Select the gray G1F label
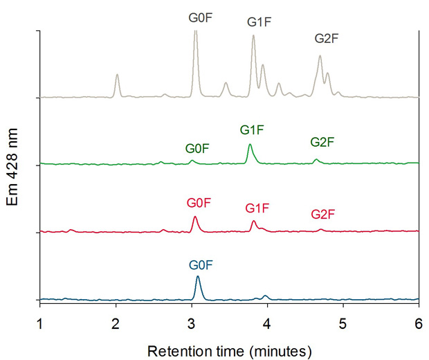click(259, 22)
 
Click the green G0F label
click(197, 148)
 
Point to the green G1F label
click(253, 129)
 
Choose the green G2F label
click(322, 142)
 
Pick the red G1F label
click(257, 208)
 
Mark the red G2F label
click(322, 215)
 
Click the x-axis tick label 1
click(40, 323)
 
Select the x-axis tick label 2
click(116, 323)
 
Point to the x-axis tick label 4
click(268, 323)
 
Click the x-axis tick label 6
click(419, 323)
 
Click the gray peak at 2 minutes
click(117, 75)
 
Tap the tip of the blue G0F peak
click(198, 277)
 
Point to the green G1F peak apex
click(250, 145)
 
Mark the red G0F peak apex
click(195, 217)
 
